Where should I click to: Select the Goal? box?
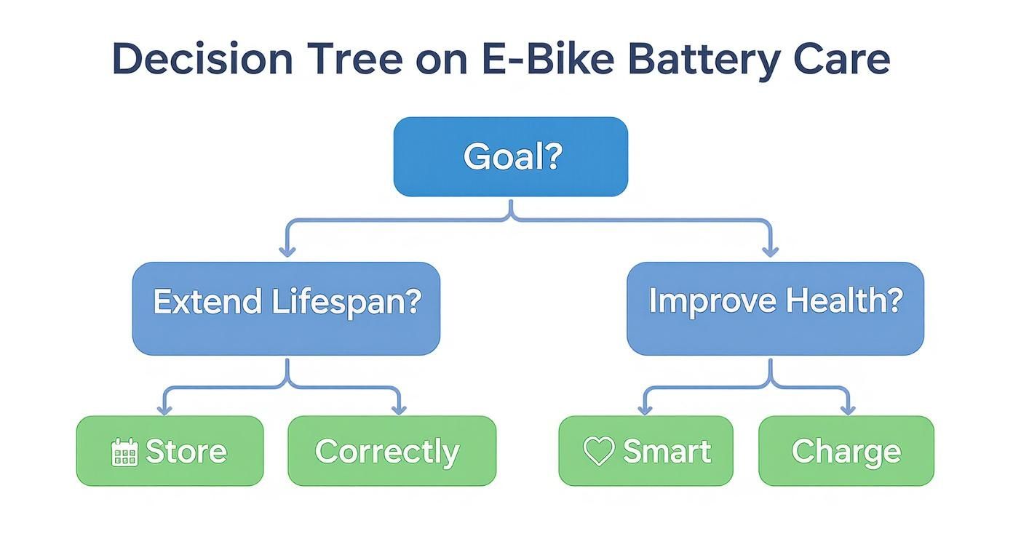point(510,156)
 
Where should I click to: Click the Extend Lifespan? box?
point(286,308)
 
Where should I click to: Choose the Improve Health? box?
point(775,308)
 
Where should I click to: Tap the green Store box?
point(170,451)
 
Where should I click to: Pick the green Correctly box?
point(392,451)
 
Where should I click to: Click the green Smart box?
point(645,451)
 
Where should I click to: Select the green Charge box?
point(846,451)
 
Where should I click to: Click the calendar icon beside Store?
point(124,452)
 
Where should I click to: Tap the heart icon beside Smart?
point(599,452)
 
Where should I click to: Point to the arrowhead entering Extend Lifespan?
point(287,251)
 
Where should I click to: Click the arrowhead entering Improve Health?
point(771,251)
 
